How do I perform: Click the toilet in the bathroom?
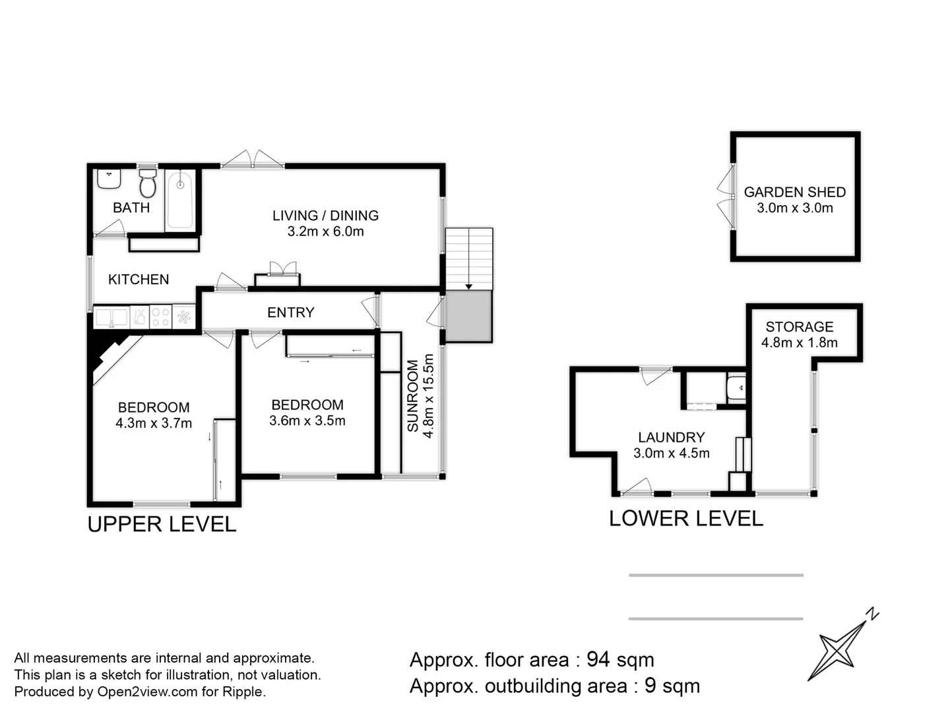point(148,184)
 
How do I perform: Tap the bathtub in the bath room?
point(179,200)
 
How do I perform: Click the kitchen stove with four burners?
point(160,316)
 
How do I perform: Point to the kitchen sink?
point(111,317)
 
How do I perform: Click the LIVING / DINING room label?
point(325,216)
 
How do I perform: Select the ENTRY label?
point(290,312)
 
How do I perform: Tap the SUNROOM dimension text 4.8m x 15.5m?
point(428,396)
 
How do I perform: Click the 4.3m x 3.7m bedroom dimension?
point(154,423)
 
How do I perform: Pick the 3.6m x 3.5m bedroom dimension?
point(307,421)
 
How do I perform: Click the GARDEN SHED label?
point(794,193)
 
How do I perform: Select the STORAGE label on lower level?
point(799,327)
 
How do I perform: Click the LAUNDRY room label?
point(671,437)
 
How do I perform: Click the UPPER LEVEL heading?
point(162,524)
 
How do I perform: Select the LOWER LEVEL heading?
point(685,519)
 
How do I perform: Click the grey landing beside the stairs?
point(468,316)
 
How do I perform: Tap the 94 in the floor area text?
point(598,660)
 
